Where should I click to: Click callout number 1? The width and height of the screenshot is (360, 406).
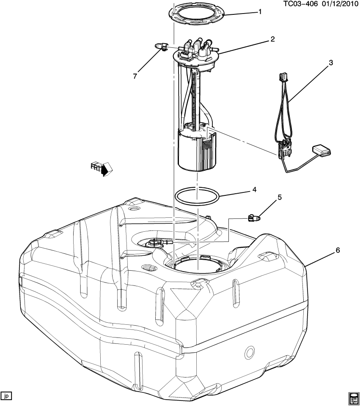coord(260,12)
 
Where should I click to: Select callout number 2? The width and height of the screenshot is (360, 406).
coord(272,39)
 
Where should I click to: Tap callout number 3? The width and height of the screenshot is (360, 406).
coord(331,63)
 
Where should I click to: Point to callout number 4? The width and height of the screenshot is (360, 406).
coord(254,189)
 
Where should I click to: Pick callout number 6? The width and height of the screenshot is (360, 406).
coord(337,250)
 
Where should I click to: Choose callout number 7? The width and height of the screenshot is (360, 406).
coord(135,76)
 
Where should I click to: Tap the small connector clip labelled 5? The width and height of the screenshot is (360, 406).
coord(253,218)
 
